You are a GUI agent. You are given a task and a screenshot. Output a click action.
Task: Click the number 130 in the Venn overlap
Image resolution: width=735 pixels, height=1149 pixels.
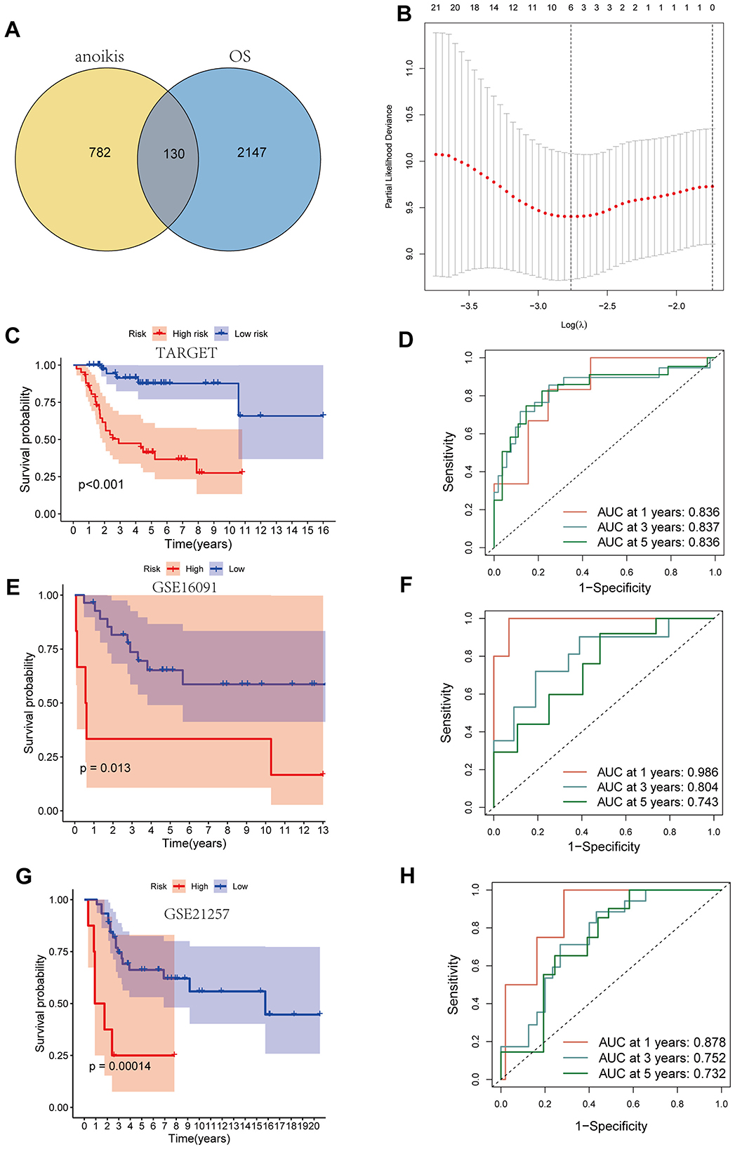click(174, 154)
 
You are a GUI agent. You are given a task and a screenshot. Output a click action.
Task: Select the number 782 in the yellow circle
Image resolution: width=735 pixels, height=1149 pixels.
click(100, 152)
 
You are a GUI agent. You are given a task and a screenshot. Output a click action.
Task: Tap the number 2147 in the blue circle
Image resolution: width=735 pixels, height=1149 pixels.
click(251, 152)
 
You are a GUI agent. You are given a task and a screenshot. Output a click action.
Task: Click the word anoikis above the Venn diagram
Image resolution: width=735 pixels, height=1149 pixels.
click(100, 57)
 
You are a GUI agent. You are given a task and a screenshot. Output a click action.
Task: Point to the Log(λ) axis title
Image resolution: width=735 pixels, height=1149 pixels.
click(574, 324)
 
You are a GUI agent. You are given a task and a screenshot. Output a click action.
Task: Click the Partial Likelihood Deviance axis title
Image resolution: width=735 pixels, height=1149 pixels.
click(389, 157)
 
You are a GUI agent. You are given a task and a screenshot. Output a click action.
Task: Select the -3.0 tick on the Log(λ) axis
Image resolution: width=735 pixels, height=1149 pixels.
click(538, 306)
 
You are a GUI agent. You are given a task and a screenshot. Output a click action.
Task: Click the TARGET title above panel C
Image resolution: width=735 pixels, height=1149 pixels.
click(187, 353)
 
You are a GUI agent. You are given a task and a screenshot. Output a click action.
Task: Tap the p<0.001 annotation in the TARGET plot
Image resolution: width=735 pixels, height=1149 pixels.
click(101, 484)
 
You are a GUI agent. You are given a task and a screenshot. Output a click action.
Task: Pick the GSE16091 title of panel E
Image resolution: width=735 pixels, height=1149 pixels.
click(185, 587)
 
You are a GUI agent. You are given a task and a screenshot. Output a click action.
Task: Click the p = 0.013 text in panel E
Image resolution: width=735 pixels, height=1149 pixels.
click(105, 768)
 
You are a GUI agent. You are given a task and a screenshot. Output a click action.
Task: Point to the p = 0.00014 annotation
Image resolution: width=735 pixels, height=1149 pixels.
click(120, 1066)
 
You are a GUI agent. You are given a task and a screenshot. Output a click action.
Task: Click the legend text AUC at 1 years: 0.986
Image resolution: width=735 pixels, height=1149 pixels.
click(658, 772)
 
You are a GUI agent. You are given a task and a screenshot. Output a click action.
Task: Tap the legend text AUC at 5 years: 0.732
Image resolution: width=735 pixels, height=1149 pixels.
click(662, 1073)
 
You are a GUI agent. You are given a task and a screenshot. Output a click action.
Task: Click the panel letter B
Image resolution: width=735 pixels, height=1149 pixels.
click(404, 13)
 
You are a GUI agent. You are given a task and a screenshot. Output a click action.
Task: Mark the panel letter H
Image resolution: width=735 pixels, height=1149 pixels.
click(407, 876)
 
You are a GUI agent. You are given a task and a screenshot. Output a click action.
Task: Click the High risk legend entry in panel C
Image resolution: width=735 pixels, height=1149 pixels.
click(190, 334)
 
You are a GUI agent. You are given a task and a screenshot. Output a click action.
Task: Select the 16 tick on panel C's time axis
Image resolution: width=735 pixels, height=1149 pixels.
click(323, 531)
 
